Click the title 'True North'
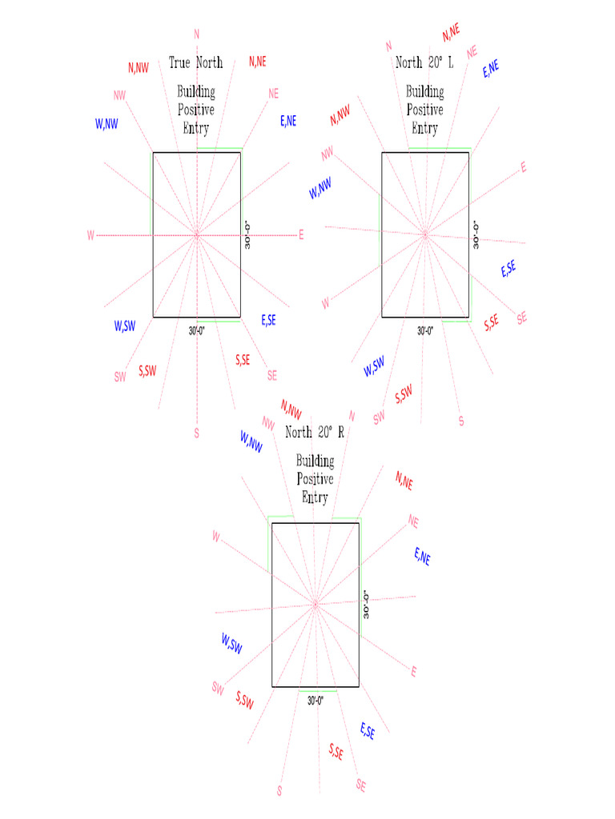click(195, 62)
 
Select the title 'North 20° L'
click(424, 62)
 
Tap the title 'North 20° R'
click(315, 433)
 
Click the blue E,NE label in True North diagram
click(288, 121)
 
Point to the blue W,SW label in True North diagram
click(124, 326)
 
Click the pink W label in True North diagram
click(90, 235)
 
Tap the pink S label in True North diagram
click(196, 433)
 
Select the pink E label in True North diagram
click(301, 235)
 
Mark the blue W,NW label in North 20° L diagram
click(320, 189)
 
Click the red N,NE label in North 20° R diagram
click(404, 480)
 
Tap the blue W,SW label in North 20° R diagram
click(231, 641)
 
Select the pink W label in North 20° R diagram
click(216, 537)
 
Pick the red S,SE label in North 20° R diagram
click(336, 751)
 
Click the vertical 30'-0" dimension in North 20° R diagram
click(367, 604)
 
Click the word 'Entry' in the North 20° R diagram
click(315, 497)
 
